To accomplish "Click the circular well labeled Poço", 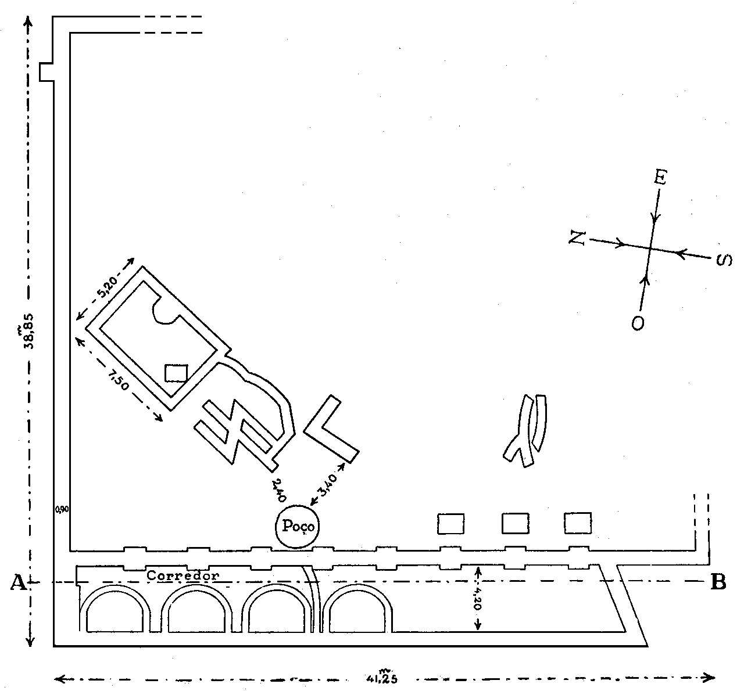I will (x=298, y=526).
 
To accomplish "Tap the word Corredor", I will (x=183, y=576).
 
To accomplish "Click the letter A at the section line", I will (x=17, y=582).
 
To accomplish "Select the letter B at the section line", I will (x=718, y=582).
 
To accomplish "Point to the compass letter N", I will (x=577, y=237).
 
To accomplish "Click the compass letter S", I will (x=723, y=260).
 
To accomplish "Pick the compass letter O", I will (x=638, y=322).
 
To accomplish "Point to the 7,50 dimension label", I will (x=118, y=377).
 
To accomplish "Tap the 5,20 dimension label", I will (x=106, y=288).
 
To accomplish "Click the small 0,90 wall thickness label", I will (x=62, y=509).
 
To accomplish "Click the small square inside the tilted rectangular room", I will (x=176, y=373).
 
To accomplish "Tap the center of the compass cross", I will (x=650, y=249).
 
